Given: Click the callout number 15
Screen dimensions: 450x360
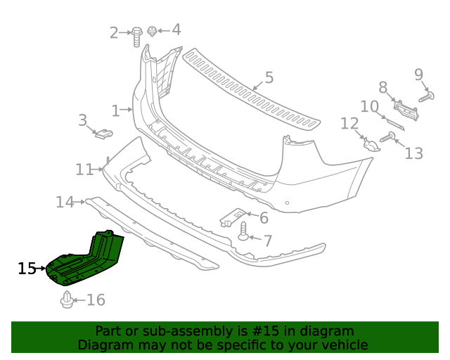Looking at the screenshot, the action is point(27,269).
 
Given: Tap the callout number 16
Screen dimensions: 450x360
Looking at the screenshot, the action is point(95,300).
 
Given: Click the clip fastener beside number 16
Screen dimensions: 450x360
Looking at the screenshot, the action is point(67,300).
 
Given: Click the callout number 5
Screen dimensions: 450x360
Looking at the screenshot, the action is point(269,78).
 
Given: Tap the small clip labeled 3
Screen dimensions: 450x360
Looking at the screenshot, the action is point(104,132).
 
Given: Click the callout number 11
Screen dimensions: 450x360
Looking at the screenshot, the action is point(84,169).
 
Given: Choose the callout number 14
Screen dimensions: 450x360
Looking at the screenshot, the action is point(65,202).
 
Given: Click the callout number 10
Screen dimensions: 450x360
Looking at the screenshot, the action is point(369,106).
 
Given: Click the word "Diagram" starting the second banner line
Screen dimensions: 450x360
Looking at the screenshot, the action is point(106,345).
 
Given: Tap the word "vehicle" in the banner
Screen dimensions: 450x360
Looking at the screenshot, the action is point(342,345).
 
